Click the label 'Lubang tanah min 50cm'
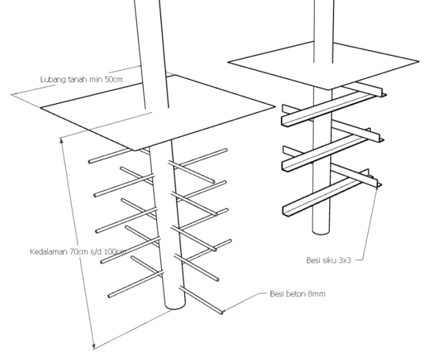pyautogui.click(x=82, y=80)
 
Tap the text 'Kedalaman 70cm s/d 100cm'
pyautogui.click(x=78, y=251)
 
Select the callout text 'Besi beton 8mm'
pyautogui.click(x=297, y=294)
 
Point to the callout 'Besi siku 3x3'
pyautogui.click(x=329, y=261)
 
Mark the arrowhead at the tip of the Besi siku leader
pyautogui.click(x=377, y=187)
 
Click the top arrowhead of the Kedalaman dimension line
pyautogui.click(x=62, y=140)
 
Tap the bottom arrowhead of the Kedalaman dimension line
pyautogui.click(x=94, y=346)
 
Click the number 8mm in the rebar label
pyautogui.click(x=316, y=294)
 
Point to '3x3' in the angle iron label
pyautogui.click(x=345, y=261)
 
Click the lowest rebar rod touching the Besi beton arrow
pyautogui.click(x=201, y=300)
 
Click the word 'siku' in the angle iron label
pyautogui.click(x=331, y=261)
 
